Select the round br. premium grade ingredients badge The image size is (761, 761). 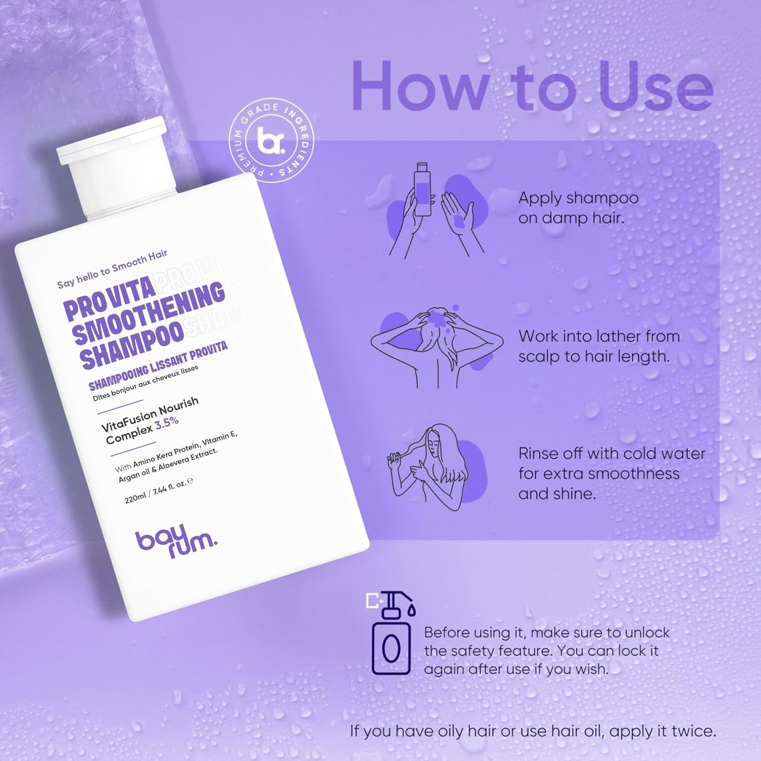271,142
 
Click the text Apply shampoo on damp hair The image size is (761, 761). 578,208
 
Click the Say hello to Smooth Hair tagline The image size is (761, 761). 112,268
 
